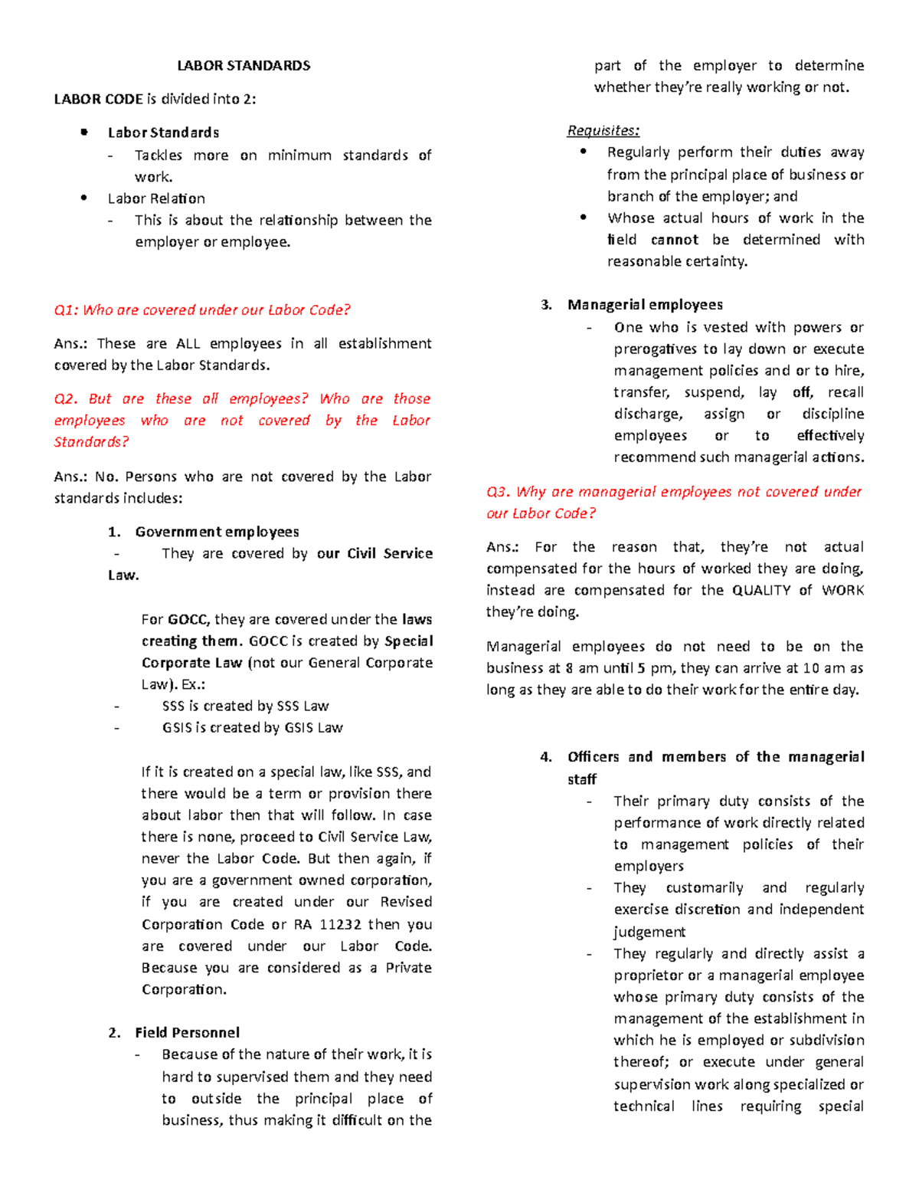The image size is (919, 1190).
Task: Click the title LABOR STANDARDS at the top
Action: point(244,66)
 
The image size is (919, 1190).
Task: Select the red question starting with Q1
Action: point(202,310)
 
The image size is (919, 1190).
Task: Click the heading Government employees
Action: point(217,532)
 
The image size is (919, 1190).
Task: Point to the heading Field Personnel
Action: point(187,1033)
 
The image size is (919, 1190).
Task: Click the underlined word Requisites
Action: point(603,131)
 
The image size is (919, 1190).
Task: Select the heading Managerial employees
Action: point(645,305)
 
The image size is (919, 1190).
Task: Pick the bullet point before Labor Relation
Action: point(84,198)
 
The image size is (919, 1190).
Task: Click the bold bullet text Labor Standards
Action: point(163,133)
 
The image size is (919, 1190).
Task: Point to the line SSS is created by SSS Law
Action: point(245,706)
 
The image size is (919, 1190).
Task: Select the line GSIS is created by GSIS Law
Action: point(252,728)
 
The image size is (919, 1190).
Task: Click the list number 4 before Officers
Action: point(545,758)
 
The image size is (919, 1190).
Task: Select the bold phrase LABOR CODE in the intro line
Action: point(98,100)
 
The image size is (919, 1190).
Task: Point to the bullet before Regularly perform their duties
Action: point(584,152)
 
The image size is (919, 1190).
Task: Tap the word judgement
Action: point(649,933)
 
